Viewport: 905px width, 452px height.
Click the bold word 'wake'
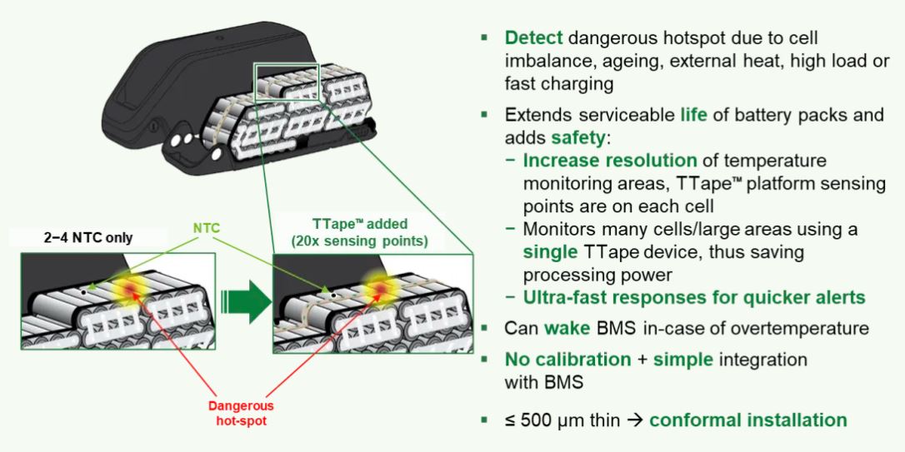click(567, 328)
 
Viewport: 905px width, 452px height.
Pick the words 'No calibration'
click(567, 360)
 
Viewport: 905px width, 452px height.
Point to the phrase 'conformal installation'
click(748, 420)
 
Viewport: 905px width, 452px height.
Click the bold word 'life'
click(692, 114)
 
